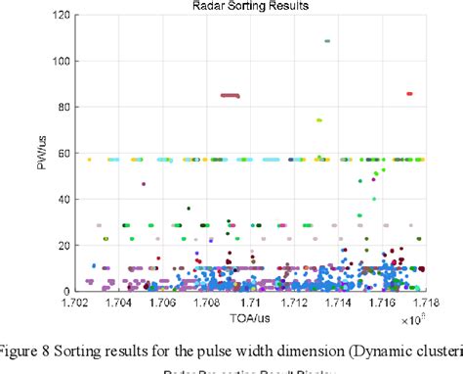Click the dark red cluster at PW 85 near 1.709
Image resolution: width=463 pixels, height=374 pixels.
pos(231,95)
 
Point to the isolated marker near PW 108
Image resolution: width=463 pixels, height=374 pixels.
pos(326,41)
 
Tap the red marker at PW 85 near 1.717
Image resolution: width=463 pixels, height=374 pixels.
pos(409,94)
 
